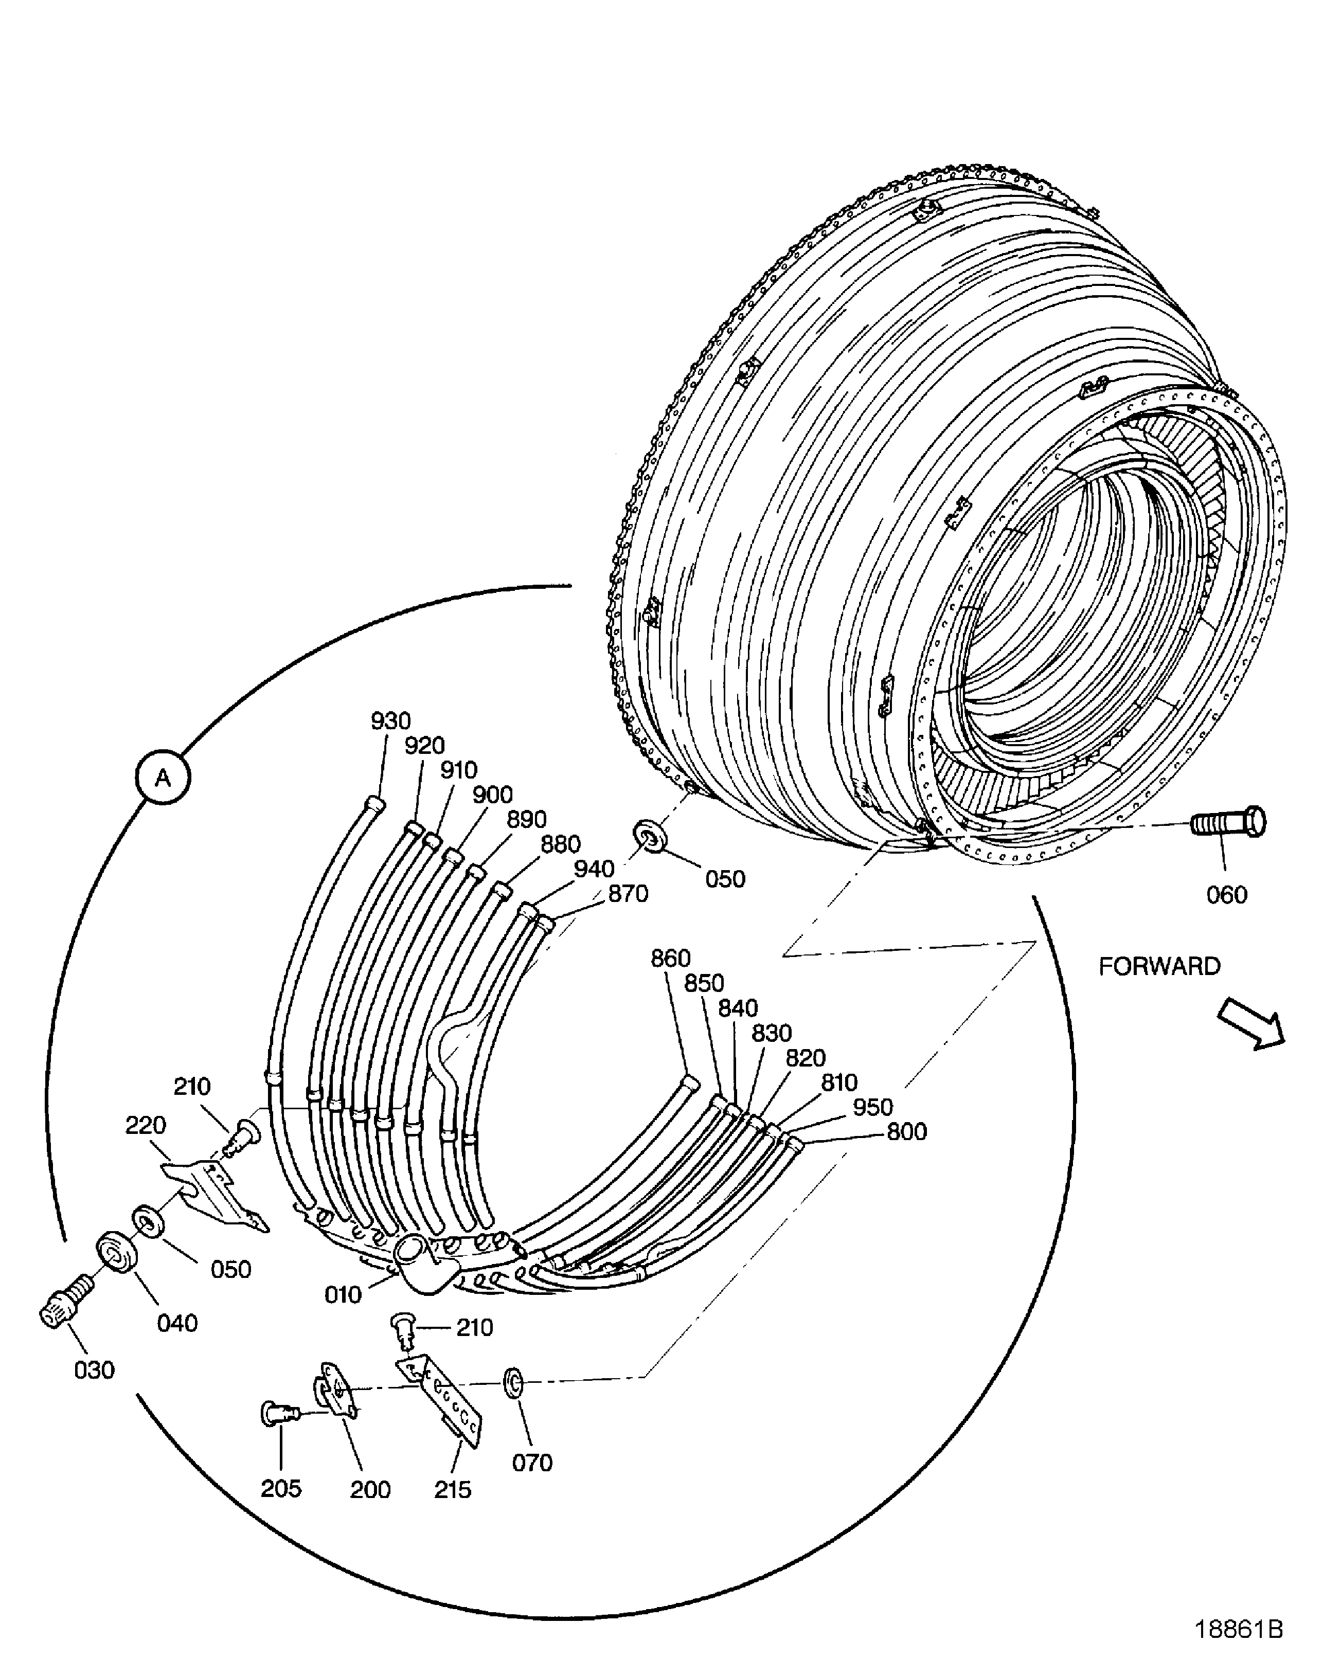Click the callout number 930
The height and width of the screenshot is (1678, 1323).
[390, 721]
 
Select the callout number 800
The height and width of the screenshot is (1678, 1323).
[906, 1132]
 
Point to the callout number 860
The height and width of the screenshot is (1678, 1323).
[670, 959]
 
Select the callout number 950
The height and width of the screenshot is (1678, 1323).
[872, 1107]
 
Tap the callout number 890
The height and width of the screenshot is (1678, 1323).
[527, 819]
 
